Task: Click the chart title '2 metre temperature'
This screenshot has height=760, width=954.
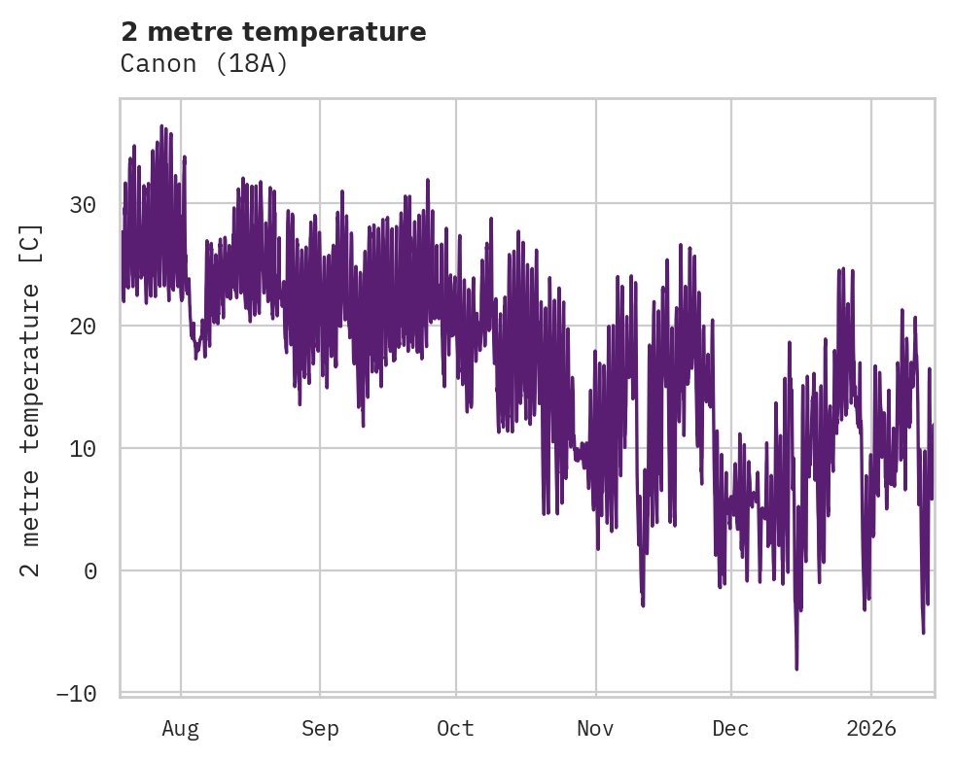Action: (273, 32)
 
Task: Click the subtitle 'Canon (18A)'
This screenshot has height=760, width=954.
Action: (204, 64)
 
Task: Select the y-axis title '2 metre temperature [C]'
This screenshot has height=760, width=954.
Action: (31, 399)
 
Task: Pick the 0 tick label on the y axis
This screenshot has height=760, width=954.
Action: (90, 570)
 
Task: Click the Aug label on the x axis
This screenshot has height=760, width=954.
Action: (181, 729)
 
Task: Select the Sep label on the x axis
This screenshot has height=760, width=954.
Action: (320, 729)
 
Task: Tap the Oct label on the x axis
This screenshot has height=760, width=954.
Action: (455, 729)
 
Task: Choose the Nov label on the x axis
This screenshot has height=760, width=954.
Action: (595, 729)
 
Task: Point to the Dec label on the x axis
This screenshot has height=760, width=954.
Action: (730, 729)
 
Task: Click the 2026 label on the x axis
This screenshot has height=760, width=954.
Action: (870, 729)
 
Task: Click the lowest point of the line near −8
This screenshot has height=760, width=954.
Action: (796, 668)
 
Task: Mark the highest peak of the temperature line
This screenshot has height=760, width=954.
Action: (161, 126)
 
